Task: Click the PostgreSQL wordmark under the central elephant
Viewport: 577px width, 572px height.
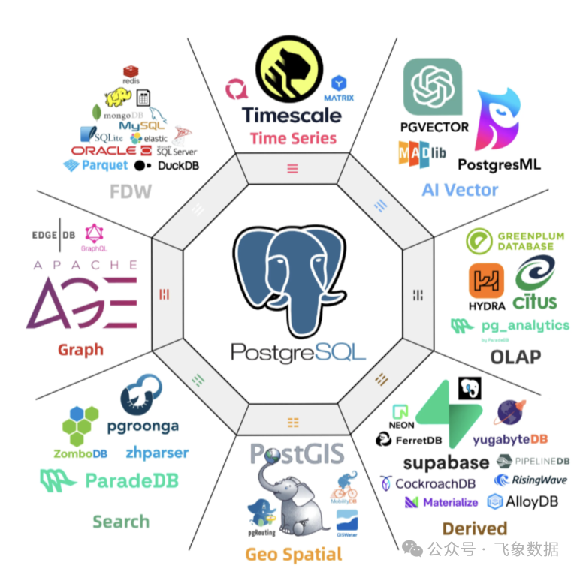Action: coord(289,351)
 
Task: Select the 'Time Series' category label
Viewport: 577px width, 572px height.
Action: coord(293,138)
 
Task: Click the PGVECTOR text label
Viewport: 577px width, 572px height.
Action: coord(435,127)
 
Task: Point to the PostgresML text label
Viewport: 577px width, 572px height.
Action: coord(499,164)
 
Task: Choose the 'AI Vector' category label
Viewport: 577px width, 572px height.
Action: coord(460,190)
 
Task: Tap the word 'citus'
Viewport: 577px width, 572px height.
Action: coord(535,302)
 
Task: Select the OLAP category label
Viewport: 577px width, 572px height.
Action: coord(515,356)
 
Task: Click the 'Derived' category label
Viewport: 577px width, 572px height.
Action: coord(474,528)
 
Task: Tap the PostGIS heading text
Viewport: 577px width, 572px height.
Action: coord(297,453)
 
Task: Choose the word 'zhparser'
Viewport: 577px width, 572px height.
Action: coord(157,453)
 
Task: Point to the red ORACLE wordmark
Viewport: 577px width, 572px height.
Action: coord(104,151)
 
